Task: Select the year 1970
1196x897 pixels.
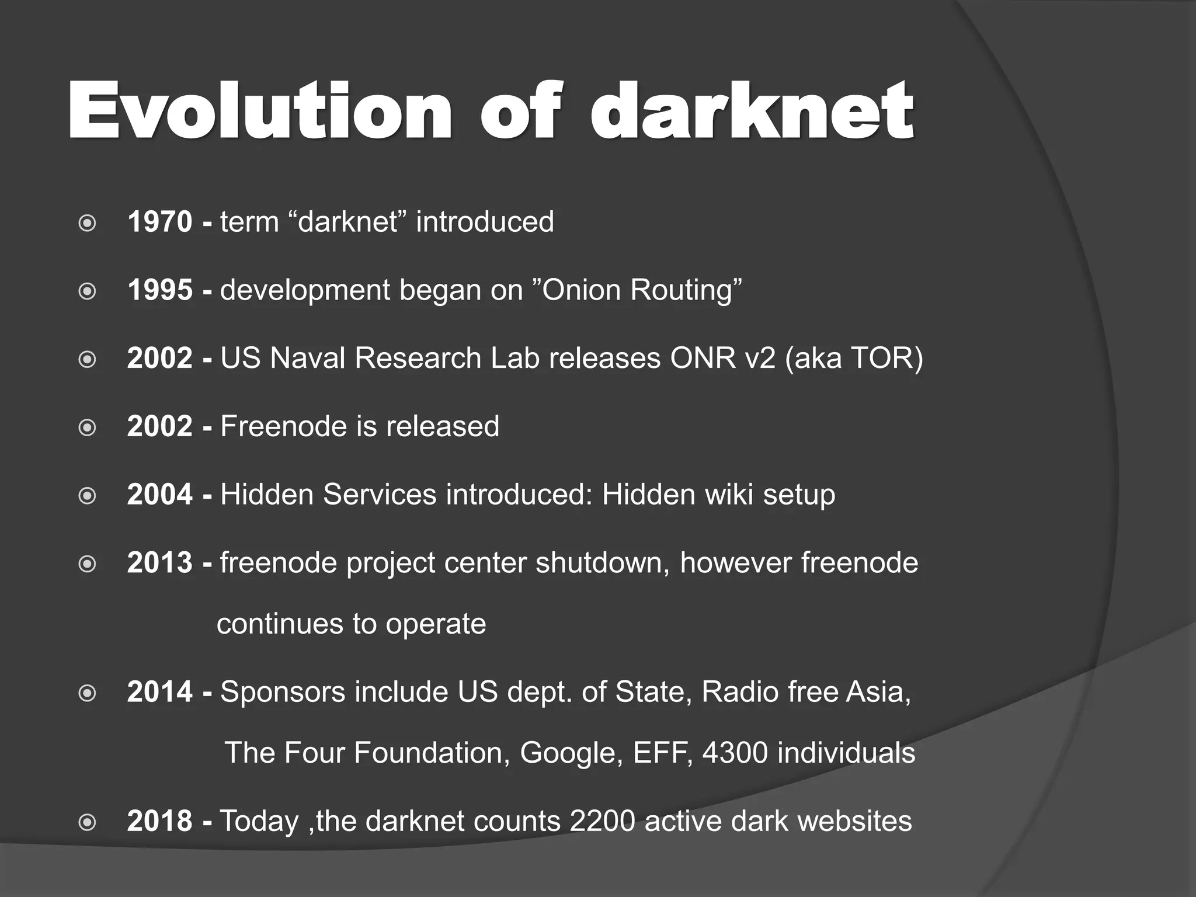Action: tap(159, 222)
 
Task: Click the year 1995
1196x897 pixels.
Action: tap(159, 290)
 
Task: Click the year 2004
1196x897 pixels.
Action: tap(159, 495)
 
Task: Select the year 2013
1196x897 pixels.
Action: tap(159, 563)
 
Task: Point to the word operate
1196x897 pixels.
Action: tap(436, 624)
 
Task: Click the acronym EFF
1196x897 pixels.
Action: tap(655, 753)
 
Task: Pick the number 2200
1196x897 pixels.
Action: tap(602, 821)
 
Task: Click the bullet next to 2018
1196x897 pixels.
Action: tap(87, 823)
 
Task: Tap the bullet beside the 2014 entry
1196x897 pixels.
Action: tap(87, 694)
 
